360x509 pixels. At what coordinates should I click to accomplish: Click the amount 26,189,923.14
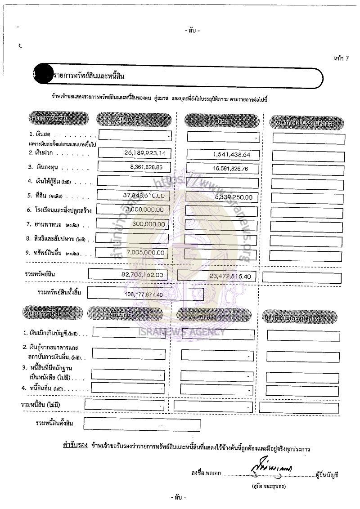tap(145, 153)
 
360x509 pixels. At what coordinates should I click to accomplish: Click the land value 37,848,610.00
tap(143, 196)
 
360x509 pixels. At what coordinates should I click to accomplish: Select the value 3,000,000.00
tap(144, 210)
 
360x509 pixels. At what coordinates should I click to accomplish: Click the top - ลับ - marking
tap(192, 31)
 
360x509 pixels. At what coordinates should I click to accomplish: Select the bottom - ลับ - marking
tap(179, 498)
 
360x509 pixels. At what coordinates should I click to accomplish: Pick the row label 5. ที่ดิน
tap(41, 196)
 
